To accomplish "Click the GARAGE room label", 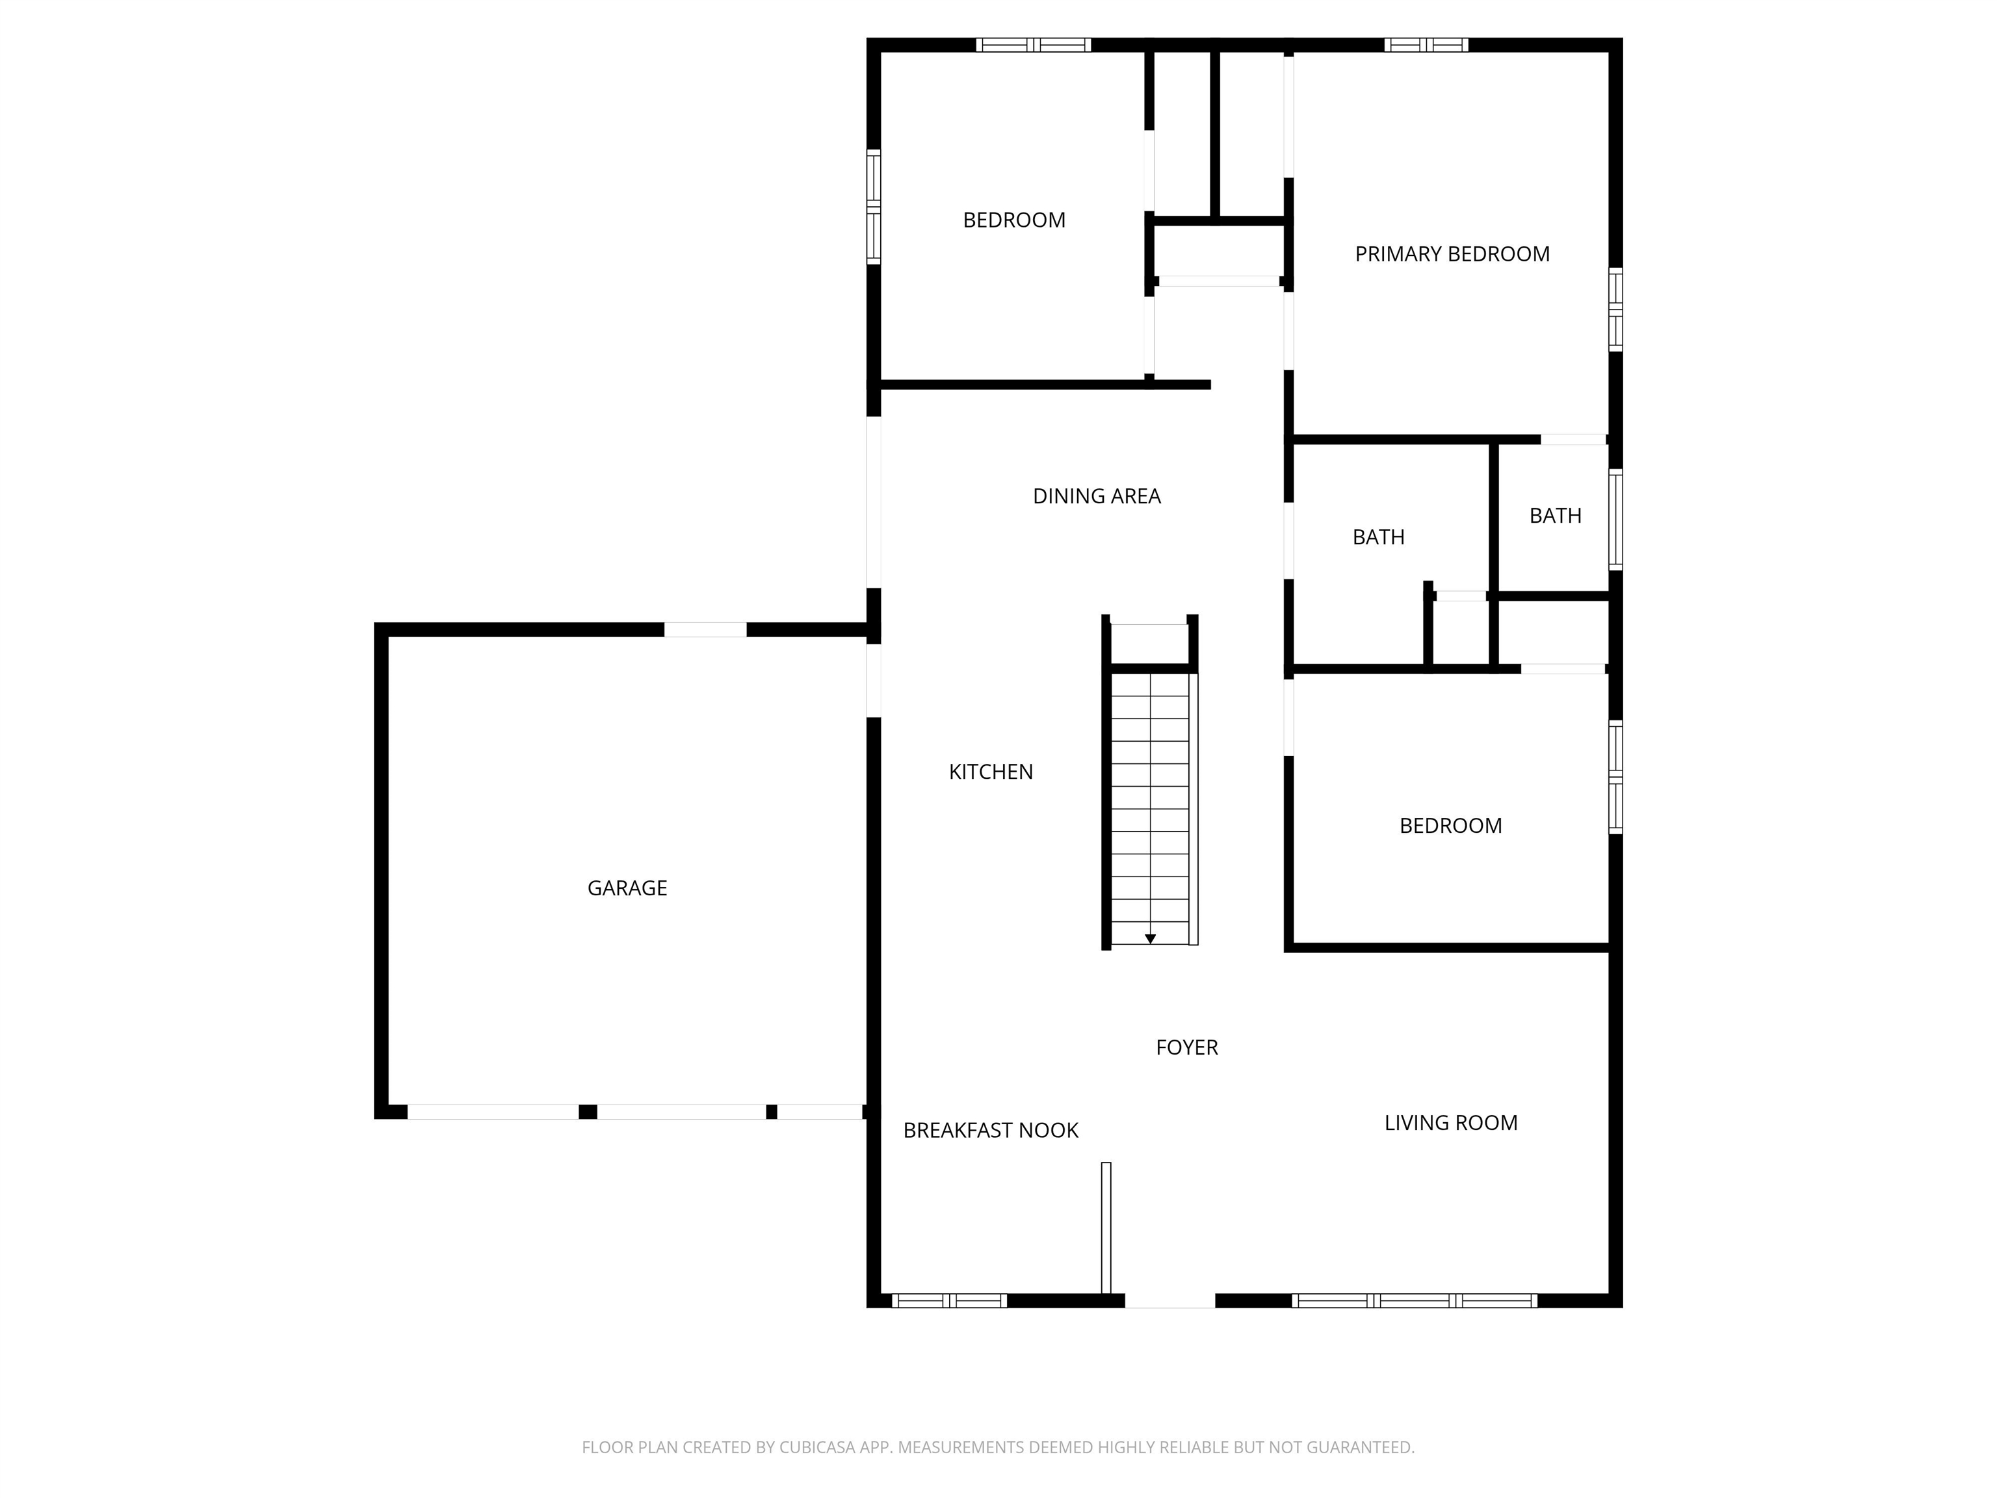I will (627, 887).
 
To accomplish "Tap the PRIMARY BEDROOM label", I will (1452, 254).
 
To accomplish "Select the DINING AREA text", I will (1096, 495).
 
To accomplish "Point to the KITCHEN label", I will (991, 771).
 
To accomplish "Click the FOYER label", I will (1186, 1047).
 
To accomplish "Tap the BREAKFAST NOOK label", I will (991, 1129).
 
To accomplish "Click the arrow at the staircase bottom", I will (1150, 939).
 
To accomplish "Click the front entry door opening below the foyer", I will (1169, 1300).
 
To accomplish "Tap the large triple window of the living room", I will (1414, 1300).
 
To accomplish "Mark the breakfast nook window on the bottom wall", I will (949, 1300).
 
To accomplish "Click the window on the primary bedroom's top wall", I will (1426, 44).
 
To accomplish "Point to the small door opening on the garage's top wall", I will (705, 629).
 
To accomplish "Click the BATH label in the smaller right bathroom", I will (1554, 516).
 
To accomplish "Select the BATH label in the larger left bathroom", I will (1377, 537).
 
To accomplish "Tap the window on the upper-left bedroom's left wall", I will (873, 207).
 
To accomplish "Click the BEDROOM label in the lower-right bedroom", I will (1450, 825).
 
